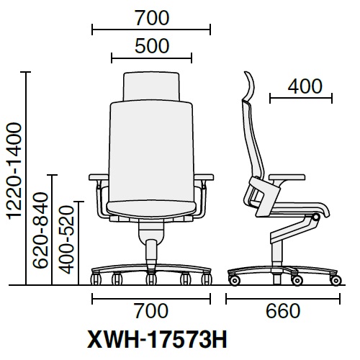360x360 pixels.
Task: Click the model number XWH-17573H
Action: (x=157, y=339)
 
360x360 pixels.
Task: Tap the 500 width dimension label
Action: (x=152, y=46)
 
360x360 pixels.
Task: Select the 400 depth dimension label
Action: (x=305, y=86)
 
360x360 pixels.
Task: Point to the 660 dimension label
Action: (x=283, y=310)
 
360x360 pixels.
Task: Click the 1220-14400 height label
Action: (x=15, y=171)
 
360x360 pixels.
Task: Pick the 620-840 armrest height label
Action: (x=40, y=230)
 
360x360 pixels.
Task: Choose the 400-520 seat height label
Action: (x=66, y=240)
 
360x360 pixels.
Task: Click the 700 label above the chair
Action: (x=152, y=18)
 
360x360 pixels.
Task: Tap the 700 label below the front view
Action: (x=151, y=310)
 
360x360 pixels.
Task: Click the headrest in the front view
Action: (x=151, y=86)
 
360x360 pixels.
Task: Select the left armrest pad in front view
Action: (x=99, y=177)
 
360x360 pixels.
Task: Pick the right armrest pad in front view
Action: (x=204, y=177)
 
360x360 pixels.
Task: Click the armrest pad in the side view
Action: (x=287, y=177)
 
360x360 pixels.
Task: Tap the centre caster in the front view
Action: (x=151, y=279)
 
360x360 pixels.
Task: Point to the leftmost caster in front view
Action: (x=96, y=279)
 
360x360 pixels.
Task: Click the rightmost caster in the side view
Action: (x=336, y=280)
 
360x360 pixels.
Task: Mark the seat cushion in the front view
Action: (x=151, y=210)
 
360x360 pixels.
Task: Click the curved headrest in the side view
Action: (x=249, y=86)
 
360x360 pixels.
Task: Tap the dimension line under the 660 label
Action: (x=283, y=299)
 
